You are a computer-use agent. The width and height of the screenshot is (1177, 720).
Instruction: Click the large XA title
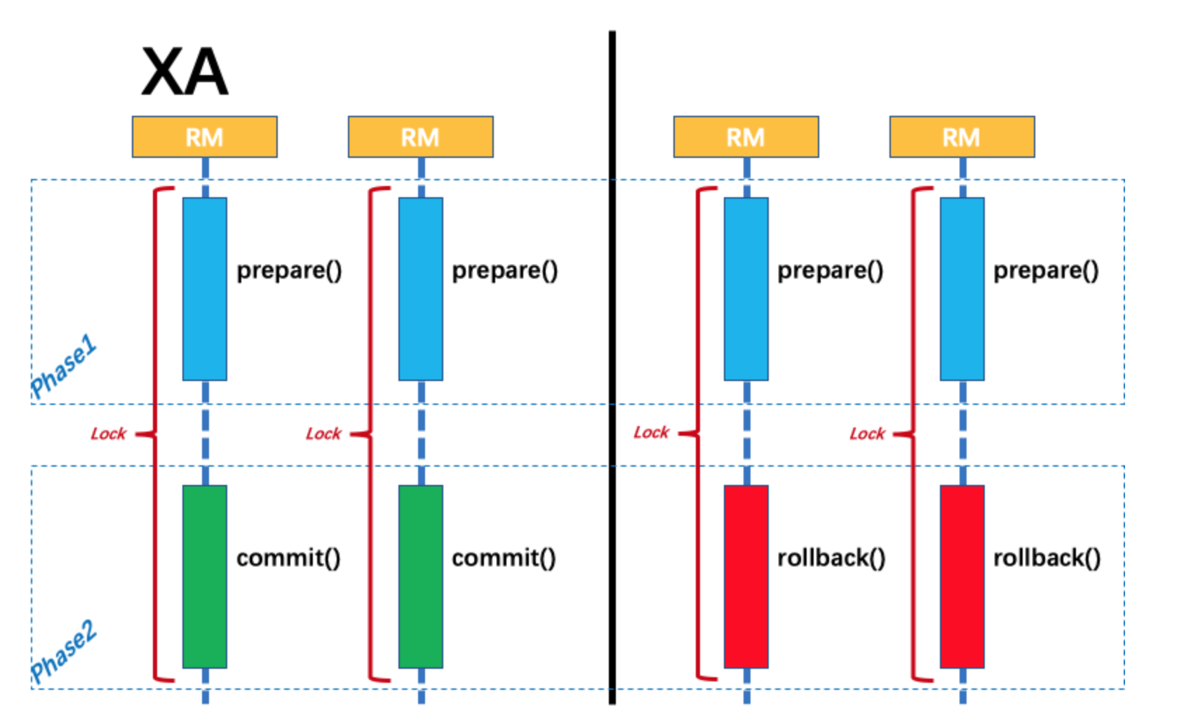(185, 72)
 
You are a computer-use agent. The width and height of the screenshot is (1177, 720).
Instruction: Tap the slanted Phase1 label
(63, 366)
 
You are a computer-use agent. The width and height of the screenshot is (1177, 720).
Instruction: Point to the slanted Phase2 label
(63, 651)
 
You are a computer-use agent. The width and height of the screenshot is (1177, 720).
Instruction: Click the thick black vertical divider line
(612, 365)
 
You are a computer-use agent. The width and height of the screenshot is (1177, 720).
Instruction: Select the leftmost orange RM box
(205, 137)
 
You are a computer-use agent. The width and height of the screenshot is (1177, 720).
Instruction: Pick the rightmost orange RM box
(962, 137)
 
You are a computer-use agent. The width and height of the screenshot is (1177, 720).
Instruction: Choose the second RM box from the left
(421, 137)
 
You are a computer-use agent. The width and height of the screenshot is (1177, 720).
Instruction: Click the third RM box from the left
(746, 137)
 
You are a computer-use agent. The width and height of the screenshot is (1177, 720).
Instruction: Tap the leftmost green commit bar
(205, 576)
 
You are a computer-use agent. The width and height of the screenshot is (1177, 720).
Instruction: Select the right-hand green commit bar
(421, 576)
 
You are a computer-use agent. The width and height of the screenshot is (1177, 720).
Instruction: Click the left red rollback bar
(746, 576)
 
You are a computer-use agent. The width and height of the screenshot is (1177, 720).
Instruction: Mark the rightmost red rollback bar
(962, 576)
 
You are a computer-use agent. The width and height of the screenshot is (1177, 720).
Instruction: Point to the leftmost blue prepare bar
(205, 288)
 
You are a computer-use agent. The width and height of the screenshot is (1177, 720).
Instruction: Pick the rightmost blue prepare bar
(962, 288)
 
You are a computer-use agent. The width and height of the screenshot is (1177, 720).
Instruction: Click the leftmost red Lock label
(108, 434)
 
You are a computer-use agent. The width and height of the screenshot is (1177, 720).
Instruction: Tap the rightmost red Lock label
(867, 434)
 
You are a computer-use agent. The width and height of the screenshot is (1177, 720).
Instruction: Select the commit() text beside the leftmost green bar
(288, 558)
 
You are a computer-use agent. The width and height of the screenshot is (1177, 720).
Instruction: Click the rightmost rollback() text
(1047, 558)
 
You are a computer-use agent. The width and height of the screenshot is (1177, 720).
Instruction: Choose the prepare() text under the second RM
(504, 271)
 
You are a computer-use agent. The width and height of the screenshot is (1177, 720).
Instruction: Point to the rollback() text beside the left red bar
(831, 558)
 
